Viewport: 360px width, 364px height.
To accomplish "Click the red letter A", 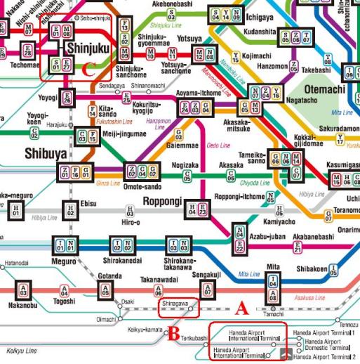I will [241, 307].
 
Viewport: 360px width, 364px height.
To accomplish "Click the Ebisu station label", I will [89, 203].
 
